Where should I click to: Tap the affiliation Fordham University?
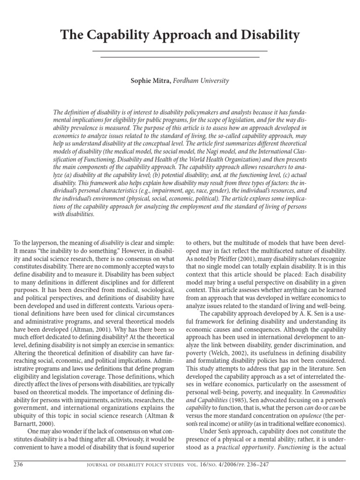coord(201,81)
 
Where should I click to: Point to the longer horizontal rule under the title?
coord(180,51)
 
